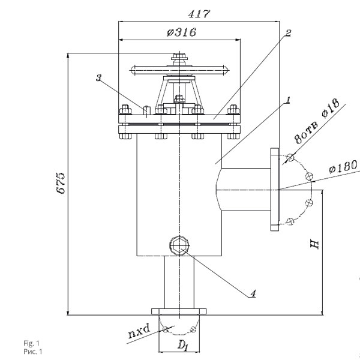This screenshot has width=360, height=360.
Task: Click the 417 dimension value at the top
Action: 199,14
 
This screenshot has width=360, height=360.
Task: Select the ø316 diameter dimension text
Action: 181,32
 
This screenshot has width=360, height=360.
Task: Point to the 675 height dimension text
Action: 61,183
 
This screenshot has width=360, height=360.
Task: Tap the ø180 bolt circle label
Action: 343,166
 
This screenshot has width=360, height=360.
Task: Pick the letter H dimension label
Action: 314,244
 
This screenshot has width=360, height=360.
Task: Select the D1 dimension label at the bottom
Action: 183,345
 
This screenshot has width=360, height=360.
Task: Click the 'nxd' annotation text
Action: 139,331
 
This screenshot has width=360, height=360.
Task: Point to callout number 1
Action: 287,100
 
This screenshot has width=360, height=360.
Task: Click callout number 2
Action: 288,33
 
